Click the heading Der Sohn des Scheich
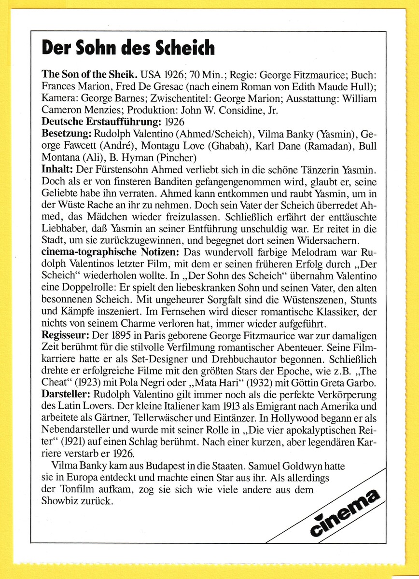(127, 48)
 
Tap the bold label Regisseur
(66, 334)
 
